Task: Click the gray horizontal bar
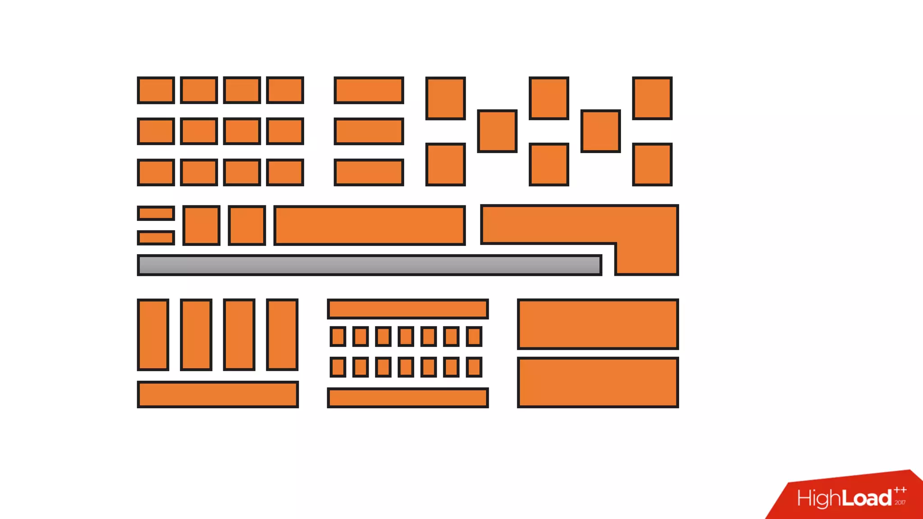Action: pos(370,265)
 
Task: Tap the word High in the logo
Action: pos(818,499)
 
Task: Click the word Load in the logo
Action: pos(867,498)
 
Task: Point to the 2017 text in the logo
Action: pos(900,503)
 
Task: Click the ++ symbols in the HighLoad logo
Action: pos(900,490)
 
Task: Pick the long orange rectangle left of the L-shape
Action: pos(370,225)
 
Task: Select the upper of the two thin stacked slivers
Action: pos(156,213)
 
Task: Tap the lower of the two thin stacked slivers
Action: pos(156,237)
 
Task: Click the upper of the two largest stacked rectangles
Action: pos(598,324)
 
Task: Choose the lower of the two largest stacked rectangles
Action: pos(598,382)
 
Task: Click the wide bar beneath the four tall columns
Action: pos(218,394)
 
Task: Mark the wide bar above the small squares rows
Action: pos(408,309)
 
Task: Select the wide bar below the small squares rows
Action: pos(408,398)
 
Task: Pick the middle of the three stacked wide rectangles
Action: pos(369,131)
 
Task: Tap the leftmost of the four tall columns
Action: pos(153,335)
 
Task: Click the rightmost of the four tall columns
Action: pos(282,335)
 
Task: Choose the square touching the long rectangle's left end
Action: pos(247,225)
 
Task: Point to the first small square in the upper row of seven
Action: pos(338,337)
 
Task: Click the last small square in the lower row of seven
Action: pos(474,367)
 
